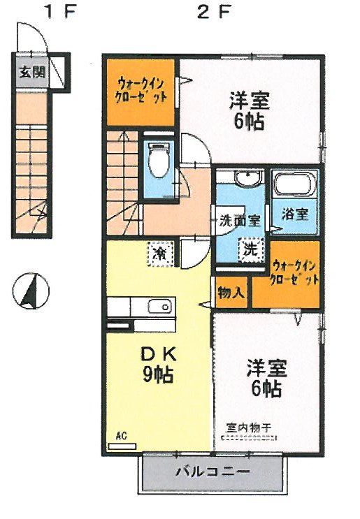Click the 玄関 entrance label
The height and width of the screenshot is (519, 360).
point(29,71)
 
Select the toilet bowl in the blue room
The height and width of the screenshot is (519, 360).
point(159,163)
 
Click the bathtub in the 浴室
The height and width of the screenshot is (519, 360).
point(294,187)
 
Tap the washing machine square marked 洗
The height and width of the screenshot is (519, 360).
point(249,247)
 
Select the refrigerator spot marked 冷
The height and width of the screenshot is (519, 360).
point(160,251)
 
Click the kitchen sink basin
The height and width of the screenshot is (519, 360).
point(160,306)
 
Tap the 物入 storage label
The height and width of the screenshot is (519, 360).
point(231,292)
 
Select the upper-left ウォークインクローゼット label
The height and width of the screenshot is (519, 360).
point(141,89)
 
